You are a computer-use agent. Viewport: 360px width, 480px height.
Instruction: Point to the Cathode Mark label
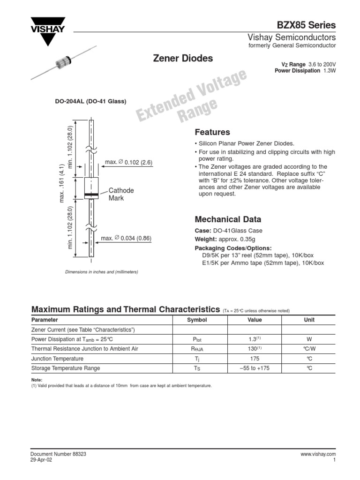tap(121, 194)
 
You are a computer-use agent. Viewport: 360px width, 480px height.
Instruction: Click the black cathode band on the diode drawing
tap(91, 195)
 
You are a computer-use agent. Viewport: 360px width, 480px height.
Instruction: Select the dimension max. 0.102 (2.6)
tap(128, 162)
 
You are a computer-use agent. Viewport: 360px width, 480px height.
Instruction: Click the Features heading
tap(212, 132)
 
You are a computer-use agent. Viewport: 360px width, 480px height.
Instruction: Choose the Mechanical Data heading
tap(228, 219)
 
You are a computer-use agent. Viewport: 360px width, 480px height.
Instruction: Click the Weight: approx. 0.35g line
tap(223, 240)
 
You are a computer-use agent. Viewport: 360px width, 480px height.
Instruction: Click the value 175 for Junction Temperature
tap(254, 359)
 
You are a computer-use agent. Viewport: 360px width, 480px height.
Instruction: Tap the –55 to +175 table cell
tap(254, 368)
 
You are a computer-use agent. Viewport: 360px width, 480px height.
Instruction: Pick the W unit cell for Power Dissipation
tap(309, 339)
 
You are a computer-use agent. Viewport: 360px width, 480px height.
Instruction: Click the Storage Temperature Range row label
tap(66, 368)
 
